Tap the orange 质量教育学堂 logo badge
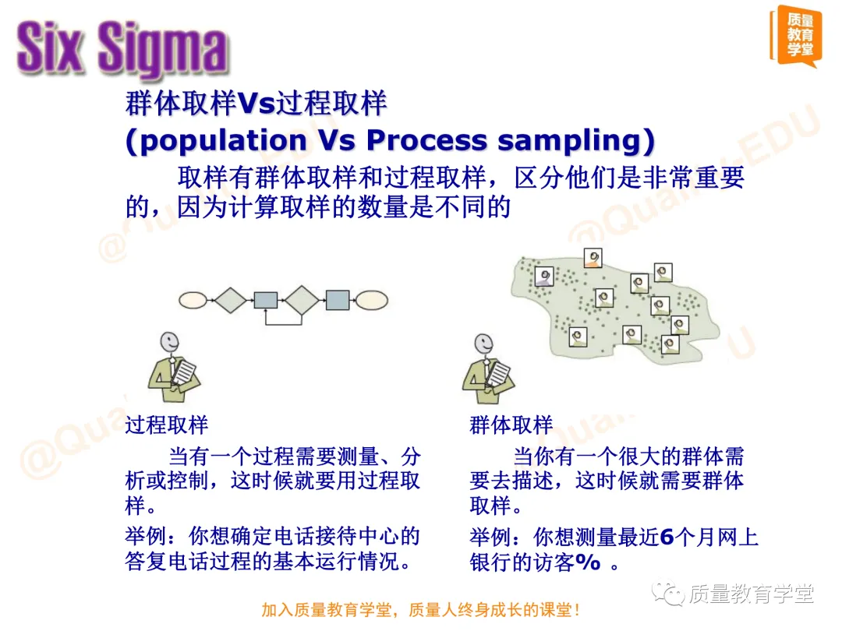point(794,36)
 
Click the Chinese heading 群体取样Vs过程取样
point(256,103)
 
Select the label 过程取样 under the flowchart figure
point(167,425)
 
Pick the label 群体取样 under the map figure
point(511,425)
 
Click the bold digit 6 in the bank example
point(667,538)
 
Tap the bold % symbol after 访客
point(588,563)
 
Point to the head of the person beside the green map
point(483,344)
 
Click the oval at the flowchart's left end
point(193,300)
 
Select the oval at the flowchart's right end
point(372,300)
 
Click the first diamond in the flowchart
point(230,300)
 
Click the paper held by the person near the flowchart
point(185,372)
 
